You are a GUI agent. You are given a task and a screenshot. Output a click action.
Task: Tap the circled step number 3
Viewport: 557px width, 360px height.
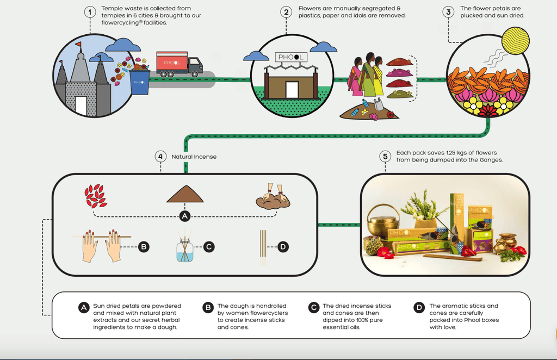(448, 12)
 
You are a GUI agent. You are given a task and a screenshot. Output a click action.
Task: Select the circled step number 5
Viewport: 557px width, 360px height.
(385, 157)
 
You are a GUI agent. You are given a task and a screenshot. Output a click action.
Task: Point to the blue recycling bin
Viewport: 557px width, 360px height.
(140, 81)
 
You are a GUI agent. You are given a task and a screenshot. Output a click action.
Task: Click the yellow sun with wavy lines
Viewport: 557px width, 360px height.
(515, 41)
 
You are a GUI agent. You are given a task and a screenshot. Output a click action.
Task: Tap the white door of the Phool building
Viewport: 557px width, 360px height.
(292, 90)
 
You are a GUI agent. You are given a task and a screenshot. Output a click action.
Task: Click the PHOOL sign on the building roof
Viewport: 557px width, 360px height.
(292, 58)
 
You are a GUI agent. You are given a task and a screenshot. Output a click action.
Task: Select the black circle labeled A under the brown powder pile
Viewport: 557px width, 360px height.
(185, 216)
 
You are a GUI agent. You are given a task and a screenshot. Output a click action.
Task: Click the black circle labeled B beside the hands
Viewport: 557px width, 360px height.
(143, 247)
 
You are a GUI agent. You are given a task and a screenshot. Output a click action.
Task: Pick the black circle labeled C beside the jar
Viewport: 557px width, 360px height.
(208, 247)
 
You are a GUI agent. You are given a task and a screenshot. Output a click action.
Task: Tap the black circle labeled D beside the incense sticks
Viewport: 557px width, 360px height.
(283, 247)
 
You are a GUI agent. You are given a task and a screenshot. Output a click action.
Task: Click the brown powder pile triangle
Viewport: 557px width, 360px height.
(185, 195)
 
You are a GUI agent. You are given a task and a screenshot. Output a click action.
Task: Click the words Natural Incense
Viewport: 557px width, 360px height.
(194, 157)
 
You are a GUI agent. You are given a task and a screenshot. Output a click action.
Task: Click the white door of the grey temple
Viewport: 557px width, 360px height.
(81, 105)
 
